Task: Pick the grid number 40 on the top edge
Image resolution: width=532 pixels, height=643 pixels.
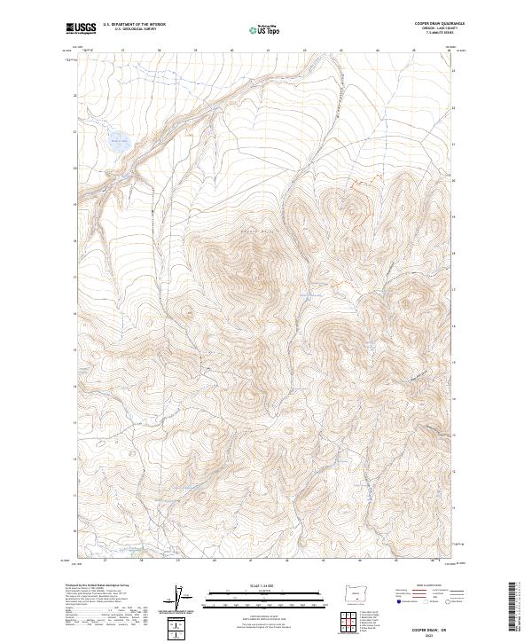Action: tap(231, 51)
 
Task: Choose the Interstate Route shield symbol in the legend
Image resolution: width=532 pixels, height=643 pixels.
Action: tap(395, 601)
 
